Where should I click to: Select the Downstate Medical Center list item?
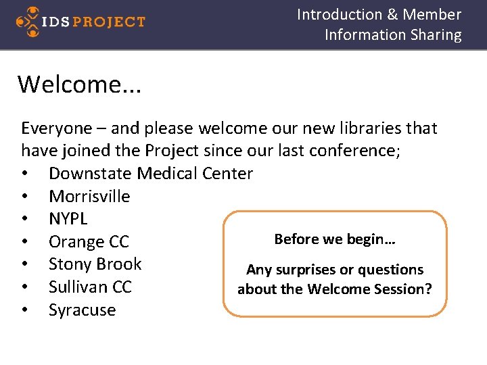coord(150,174)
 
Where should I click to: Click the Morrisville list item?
coord(89,197)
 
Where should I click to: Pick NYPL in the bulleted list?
coord(68,219)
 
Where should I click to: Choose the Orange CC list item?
coord(89,242)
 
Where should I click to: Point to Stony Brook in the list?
coord(95,264)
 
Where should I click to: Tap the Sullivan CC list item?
coord(90,287)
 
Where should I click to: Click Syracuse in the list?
coord(82,310)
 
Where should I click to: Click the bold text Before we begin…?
coord(335,239)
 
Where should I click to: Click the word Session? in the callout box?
coord(404,289)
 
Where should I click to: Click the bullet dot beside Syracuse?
coord(25,310)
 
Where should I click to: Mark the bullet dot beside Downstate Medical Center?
coord(25,174)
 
